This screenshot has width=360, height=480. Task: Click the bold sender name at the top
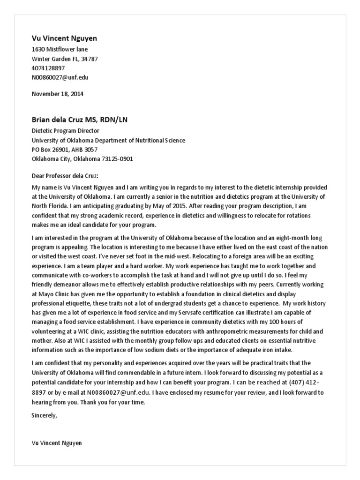(64, 38)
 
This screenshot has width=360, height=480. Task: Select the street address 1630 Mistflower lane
(60, 49)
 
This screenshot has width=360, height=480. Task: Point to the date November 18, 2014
(57, 94)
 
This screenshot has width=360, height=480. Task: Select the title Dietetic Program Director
(65, 131)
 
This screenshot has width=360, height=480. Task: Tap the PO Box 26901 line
(65, 150)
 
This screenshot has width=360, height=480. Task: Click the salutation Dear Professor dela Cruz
(65, 176)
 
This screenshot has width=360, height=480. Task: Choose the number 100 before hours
(266, 322)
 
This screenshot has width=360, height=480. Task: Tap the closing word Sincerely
(44, 415)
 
